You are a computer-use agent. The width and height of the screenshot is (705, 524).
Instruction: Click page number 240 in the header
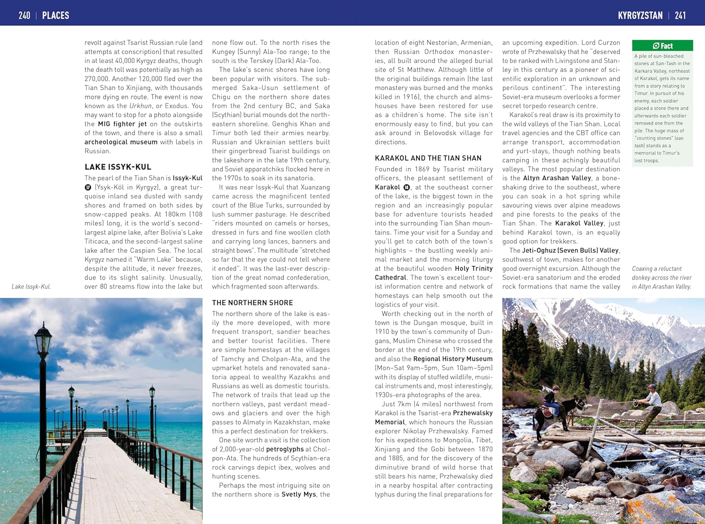click(x=24, y=16)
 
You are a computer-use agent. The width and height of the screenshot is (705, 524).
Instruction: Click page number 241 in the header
click(x=680, y=16)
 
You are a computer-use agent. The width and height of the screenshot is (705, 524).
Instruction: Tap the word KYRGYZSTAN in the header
click(x=640, y=16)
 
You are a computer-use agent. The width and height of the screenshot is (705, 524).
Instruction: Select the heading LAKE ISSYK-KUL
click(x=118, y=167)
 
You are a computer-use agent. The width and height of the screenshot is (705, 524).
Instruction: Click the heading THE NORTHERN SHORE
click(x=252, y=303)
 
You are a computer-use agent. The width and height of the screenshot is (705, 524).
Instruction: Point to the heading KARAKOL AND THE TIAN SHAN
click(x=428, y=158)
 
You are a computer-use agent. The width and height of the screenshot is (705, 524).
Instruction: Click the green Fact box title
click(x=662, y=46)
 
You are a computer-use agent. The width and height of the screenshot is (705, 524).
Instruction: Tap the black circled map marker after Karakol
click(x=407, y=187)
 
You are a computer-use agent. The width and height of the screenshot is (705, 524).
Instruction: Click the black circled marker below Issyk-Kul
click(x=88, y=187)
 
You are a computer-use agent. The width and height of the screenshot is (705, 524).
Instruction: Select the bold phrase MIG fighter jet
click(x=122, y=124)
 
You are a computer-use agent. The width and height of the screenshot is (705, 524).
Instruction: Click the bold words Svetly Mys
click(x=299, y=494)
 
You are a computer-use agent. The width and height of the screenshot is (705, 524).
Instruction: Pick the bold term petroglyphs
click(x=285, y=449)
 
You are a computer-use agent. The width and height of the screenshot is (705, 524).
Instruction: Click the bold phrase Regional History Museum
click(x=453, y=359)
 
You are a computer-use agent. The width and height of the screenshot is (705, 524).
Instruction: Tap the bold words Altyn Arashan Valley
click(x=557, y=178)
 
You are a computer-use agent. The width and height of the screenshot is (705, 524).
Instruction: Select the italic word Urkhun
click(x=141, y=106)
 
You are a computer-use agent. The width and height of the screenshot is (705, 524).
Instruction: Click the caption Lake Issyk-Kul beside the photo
click(x=31, y=287)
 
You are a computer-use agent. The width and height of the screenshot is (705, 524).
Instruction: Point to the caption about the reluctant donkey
click(x=662, y=277)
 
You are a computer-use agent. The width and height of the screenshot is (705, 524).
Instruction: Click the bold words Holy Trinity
click(x=474, y=268)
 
